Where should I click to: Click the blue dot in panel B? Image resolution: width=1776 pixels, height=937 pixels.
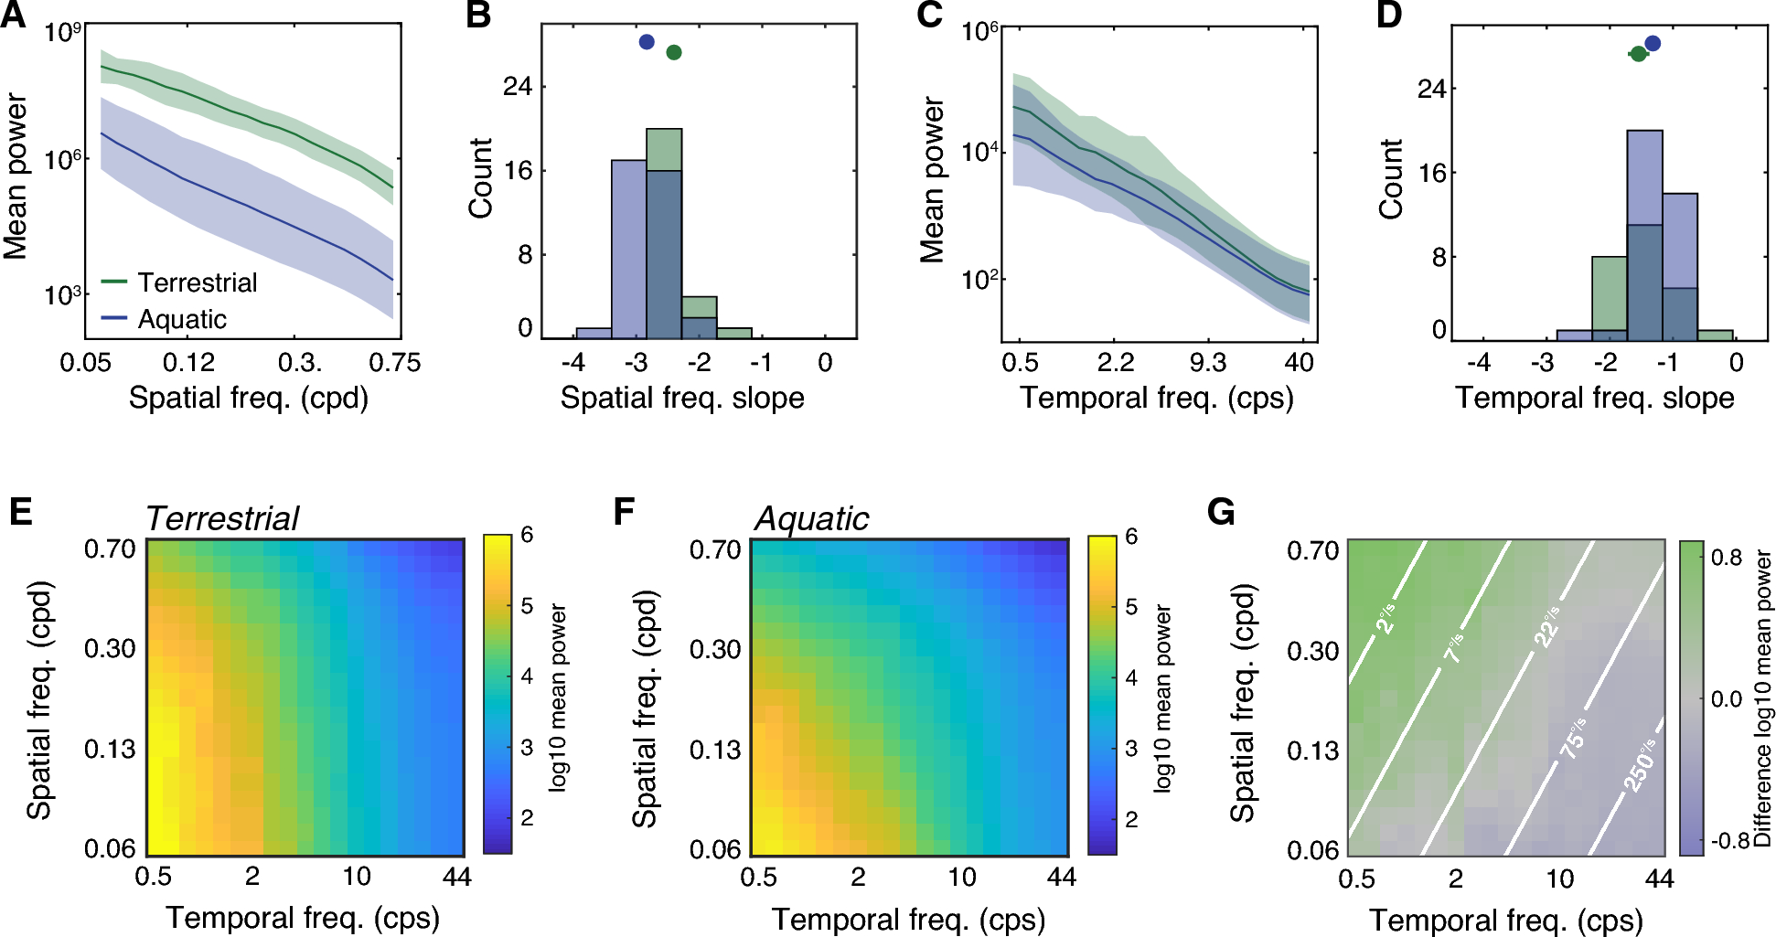pos(647,41)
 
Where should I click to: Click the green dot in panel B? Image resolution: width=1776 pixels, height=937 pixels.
pos(674,53)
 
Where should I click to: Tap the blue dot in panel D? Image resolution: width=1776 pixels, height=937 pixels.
pos(1652,43)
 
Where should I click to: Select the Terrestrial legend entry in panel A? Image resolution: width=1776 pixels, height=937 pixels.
pos(197,282)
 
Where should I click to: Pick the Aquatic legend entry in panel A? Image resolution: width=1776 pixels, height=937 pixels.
pos(181,319)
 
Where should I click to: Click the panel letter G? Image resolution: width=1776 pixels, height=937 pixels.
pos(1221,512)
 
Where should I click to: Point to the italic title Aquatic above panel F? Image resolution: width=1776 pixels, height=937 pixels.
pos(811,519)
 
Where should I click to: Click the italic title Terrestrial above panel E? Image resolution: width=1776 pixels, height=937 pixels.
pos(221,519)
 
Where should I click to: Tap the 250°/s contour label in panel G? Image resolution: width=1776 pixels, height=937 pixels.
pos(1640,764)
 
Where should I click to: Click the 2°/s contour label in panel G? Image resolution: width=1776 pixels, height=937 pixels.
pos(1386,619)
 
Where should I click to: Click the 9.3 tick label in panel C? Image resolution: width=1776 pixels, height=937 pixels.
pos(1207,363)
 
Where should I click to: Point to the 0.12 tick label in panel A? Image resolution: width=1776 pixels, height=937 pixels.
pos(188,363)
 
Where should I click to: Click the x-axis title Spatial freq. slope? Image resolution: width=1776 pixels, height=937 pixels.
pos(682,398)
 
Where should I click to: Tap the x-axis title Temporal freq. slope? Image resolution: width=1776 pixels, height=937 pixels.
pos(1594,398)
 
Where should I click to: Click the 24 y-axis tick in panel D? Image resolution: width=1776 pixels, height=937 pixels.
pos(1431,89)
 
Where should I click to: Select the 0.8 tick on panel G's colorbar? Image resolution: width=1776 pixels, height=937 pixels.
pos(1727,558)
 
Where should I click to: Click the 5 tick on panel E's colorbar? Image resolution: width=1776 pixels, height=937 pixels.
pos(527,606)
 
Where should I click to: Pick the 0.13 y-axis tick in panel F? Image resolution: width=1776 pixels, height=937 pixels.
pos(714,750)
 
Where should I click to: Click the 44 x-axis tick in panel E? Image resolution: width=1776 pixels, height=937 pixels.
pos(456,877)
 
